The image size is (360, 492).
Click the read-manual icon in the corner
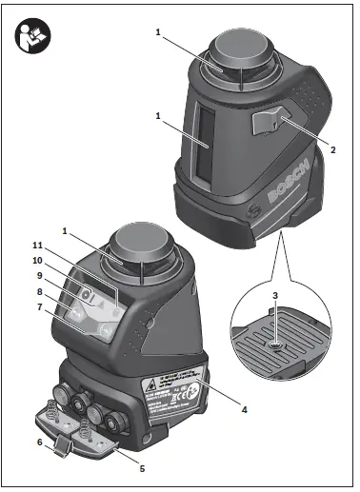(29, 36)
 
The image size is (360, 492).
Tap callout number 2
(332, 149)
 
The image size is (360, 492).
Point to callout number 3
(274, 294)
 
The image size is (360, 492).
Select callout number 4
(245, 410)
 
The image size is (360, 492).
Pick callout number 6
(39, 443)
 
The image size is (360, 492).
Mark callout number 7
(39, 307)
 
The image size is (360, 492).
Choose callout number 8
(39, 291)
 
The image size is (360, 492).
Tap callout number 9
(39, 276)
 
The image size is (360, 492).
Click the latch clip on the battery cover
(62, 445)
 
